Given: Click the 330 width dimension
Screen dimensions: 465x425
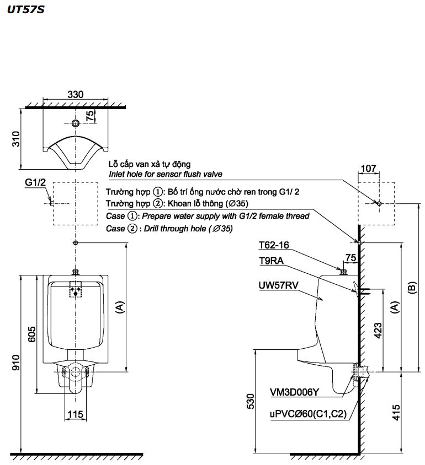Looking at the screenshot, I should (76, 94).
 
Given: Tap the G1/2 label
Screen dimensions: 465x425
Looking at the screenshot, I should (35, 183).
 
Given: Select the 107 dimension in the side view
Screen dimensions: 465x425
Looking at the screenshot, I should (368, 169).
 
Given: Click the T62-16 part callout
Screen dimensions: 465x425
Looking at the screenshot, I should (274, 245).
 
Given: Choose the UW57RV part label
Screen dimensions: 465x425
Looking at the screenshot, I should (278, 285).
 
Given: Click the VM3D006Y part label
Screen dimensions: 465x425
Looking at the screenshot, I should (295, 392).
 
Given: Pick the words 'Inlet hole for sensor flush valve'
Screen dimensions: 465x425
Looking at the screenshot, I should (166, 174).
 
